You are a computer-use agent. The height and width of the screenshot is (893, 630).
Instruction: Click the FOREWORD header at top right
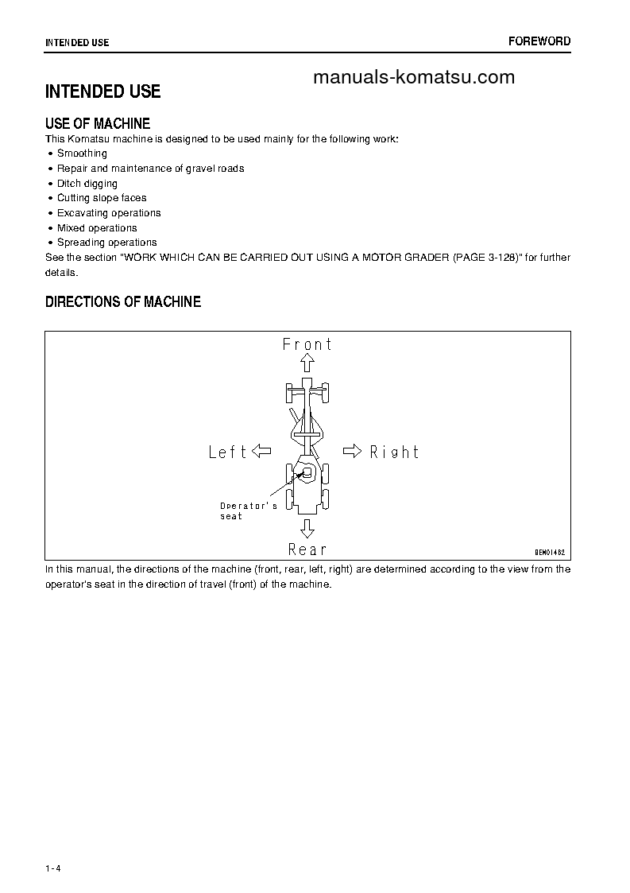click(x=539, y=41)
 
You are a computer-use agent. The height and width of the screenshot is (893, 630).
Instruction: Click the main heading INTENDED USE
click(x=102, y=91)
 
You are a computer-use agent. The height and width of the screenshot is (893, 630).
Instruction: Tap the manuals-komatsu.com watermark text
click(x=414, y=77)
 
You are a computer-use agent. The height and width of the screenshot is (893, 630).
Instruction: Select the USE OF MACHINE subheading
click(x=98, y=123)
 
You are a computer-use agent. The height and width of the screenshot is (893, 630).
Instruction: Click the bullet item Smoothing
click(x=82, y=153)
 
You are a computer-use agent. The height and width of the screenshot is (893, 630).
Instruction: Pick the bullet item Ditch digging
click(x=87, y=184)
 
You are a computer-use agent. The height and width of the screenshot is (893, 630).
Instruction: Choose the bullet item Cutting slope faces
click(x=102, y=198)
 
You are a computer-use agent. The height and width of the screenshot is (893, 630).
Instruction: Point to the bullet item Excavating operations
click(x=109, y=213)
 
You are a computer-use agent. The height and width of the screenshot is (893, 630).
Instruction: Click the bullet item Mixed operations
click(x=97, y=228)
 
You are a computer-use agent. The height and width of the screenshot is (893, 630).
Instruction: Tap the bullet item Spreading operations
click(x=106, y=243)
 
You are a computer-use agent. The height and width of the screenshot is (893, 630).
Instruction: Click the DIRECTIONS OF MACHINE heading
click(x=123, y=302)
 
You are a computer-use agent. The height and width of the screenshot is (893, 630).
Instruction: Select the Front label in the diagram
click(x=307, y=344)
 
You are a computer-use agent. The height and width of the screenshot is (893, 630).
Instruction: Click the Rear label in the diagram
click(x=307, y=549)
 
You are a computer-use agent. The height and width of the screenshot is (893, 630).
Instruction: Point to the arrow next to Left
click(x=261, y=452)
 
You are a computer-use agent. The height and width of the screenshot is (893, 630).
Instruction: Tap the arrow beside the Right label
click(x=352, y=452)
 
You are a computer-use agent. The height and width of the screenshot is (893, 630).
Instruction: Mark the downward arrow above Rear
click(x=307, y=529)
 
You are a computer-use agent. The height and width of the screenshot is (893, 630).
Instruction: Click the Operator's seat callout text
click(x=248, y=511)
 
